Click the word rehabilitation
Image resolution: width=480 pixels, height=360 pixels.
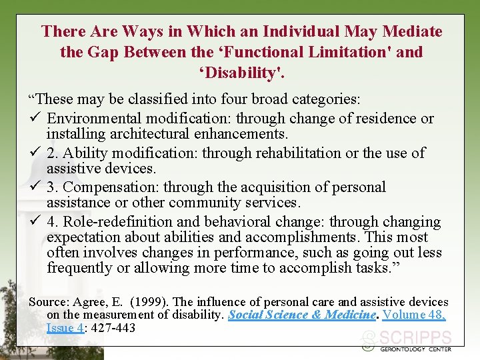click(x=271, y=153)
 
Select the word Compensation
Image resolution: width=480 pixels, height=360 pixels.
click(x=111, y=187)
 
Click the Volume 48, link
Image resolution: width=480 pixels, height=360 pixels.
click(x=413, y=315)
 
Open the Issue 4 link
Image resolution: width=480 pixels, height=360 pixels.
click(x=65, y=327)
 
